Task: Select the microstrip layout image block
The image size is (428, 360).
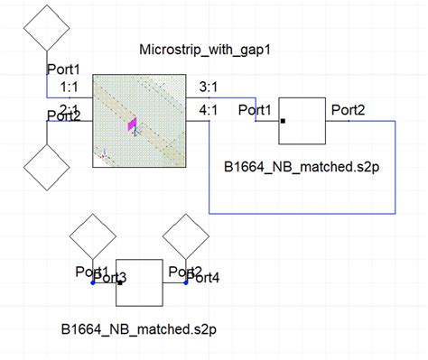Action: coord(139,120)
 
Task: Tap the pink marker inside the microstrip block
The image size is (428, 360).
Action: coord(132,125)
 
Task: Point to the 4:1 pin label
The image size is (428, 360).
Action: coord(207,110)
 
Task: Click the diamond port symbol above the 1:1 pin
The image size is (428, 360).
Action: coord(48,31)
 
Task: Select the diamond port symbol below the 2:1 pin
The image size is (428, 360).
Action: coord(48,168)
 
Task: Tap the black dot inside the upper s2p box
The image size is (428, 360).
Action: coord(284,120)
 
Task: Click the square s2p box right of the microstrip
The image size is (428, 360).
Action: coord(302,120)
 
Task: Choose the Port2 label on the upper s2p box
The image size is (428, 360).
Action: coord(348,109)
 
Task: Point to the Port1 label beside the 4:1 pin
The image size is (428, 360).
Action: coord(256,110)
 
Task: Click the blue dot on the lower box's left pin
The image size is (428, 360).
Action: coord(93,283)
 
